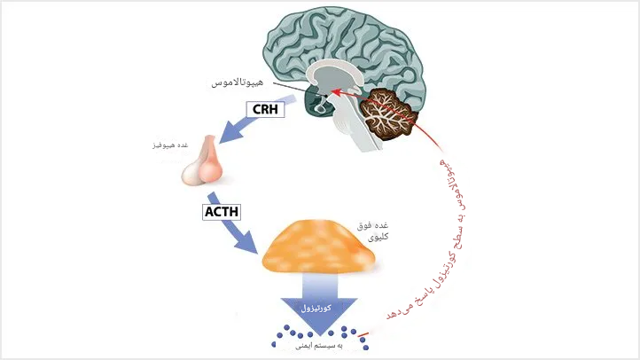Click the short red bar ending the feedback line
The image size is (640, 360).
pyautogui.click(x=363, y=335)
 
